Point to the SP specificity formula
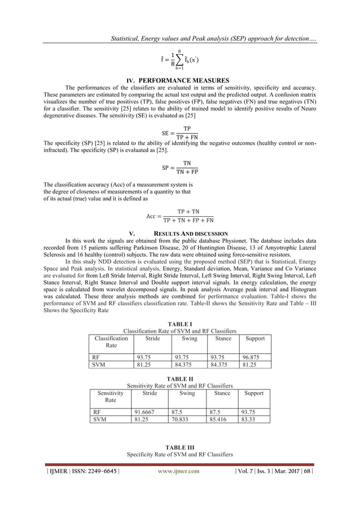179,168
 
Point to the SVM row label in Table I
98,364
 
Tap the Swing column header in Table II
187,393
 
